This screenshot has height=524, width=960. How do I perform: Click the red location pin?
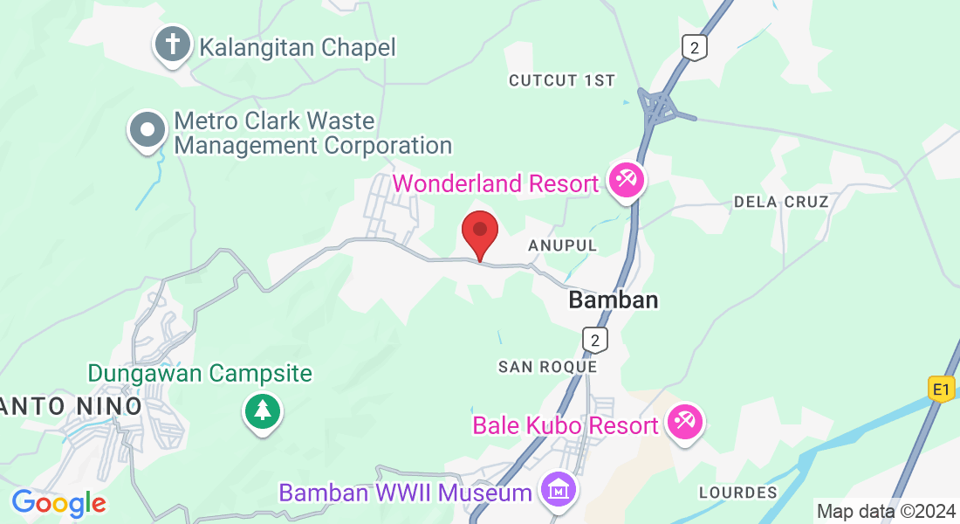479,232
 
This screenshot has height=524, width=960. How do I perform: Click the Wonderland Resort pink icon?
627,182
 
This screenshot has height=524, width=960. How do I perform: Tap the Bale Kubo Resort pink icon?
684,424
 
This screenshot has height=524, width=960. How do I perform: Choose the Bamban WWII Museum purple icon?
558,491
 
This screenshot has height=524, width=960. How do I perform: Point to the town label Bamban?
613,300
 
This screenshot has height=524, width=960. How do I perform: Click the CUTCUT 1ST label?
561,80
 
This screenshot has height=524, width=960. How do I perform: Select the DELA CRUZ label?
780,202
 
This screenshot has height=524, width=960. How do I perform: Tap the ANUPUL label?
562,246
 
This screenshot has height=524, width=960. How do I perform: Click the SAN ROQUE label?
547,367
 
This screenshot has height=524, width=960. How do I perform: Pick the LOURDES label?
737,493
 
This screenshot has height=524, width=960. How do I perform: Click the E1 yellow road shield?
941,389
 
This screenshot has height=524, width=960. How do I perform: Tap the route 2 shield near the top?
694,47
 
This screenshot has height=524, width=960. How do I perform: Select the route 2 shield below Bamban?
595,339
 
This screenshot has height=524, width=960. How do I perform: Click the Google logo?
58,503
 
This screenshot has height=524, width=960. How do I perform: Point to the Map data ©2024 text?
885,511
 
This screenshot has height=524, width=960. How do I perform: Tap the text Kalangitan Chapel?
298,46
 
